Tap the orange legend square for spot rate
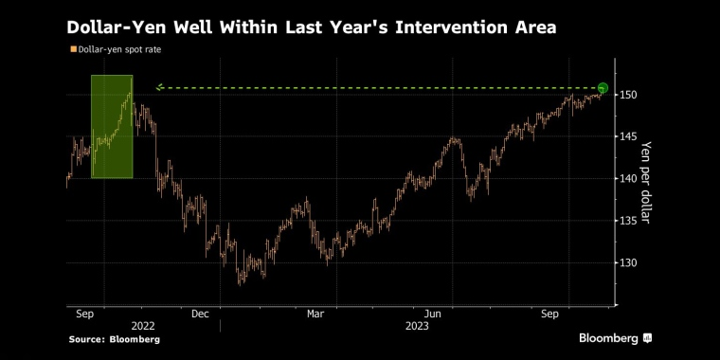click(73, 49)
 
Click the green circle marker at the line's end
click(603, 88)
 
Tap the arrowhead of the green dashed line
click(159, 87)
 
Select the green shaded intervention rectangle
click(112, 127)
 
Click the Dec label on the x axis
click(200, 315)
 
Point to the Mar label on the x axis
click(315, 315)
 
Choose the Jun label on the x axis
click(433, 315)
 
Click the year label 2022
click(143, 326)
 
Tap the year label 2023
click(417, 326)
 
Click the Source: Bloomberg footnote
click(115, 340)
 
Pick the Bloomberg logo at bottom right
click(615, 338)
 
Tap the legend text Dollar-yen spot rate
click(119, 49)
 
